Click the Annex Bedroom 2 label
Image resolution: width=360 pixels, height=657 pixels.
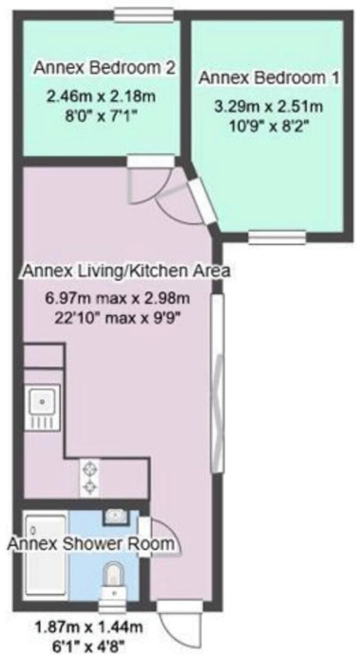(x=104, y=68)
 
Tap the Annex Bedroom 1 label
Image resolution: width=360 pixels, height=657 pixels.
(x=269, y=78)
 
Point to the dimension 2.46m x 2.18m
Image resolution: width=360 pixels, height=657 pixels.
(x=101, y=96)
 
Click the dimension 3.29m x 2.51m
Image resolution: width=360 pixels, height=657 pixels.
(x=269, y=107)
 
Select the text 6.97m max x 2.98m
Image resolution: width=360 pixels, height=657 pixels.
(x=117, y=299)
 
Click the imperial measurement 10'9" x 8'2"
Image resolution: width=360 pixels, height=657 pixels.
(x=270, y=127)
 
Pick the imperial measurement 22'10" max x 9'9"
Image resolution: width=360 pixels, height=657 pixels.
(x=117, y=318)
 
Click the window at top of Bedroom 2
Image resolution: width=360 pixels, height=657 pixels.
(x=143, y=15)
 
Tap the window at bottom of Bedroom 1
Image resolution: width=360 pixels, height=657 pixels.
(x=277, y=237)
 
